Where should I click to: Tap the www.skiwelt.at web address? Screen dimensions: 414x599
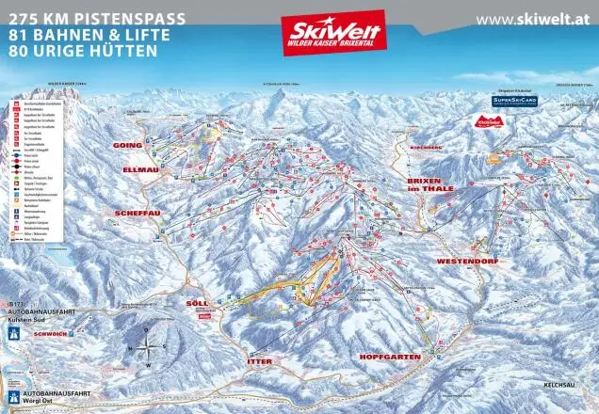(535, 20)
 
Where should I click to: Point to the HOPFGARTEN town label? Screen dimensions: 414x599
(387, 358)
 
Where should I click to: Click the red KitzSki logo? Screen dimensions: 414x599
(488, 120)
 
